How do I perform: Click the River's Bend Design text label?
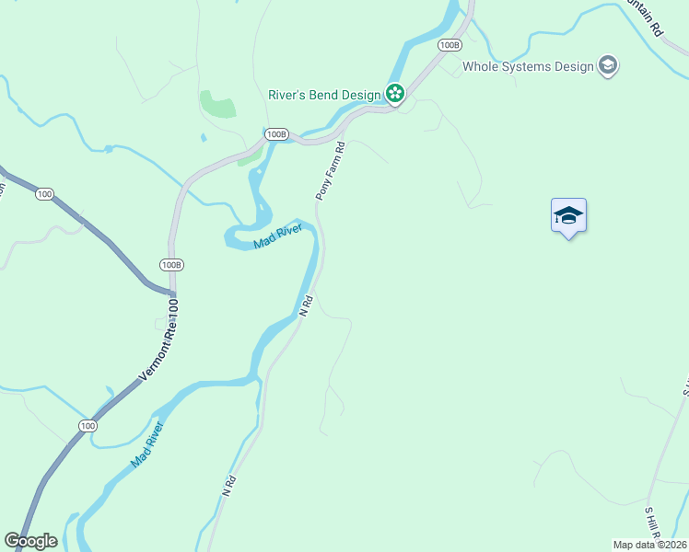click(324, 93)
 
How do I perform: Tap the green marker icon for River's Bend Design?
click(395, 93)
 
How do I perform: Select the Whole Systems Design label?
click(528, 66)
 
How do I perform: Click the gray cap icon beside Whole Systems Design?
click(607, 65)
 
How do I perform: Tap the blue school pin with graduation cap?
click(568, 216)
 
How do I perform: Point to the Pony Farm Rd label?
click(330, 171)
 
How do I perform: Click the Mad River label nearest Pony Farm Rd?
click(278, 237)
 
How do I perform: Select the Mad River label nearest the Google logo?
click(146, 444)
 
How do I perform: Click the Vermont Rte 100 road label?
click(158, 346)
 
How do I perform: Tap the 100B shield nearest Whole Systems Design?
click(450, 45)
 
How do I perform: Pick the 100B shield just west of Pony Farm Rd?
click(275, 134)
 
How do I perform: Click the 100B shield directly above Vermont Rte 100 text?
click(171, 265)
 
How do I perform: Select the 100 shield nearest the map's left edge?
click(44, 194)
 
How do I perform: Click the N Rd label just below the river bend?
click(308, 305)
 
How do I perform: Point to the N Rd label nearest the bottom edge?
click(229, 485)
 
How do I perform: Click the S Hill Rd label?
click(652, 523)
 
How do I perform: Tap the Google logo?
click(30, 541)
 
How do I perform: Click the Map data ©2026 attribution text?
click(650, 545)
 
